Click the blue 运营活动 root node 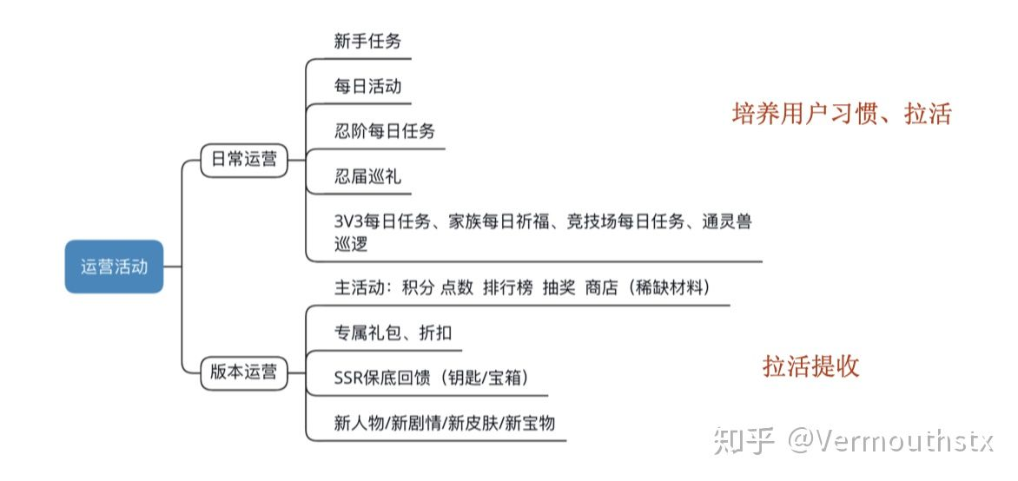[x=114, y=267]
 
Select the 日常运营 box [x=244, y=160]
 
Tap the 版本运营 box [x=244, y=372]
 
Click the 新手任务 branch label [x=367, y=41]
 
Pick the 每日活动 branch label [x=367, y=86]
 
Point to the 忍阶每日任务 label [x=385, y=132]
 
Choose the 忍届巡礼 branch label [x=367, y=177]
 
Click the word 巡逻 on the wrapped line [x=351, y=244]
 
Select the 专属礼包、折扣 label [x=393, y=333]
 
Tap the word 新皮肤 [x=475, y=423]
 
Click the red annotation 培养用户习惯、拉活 [x=842, y=114]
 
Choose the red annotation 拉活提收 [x=810, y=366]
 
